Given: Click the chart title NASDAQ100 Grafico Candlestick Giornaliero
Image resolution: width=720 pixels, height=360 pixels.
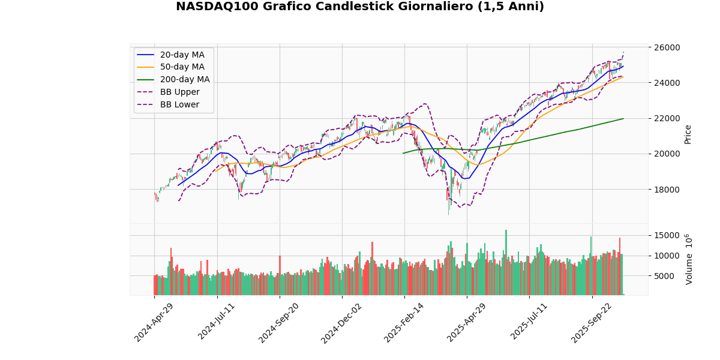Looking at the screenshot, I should [359, 7].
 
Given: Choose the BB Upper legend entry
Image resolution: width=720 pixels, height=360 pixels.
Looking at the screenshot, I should [181, 92].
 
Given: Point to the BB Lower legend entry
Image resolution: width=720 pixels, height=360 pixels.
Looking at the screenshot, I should [181, 104].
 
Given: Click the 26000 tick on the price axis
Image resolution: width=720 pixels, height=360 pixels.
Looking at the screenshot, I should [667, 47].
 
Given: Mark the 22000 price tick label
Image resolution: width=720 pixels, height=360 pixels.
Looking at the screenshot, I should [667, 118].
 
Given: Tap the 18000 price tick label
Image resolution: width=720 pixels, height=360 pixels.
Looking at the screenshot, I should [667, 190].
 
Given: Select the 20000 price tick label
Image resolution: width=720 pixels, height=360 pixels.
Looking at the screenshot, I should [667, 154].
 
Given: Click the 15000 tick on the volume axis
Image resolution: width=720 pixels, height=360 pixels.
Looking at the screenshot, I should [667, 235].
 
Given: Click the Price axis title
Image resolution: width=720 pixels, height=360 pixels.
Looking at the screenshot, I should [688, 134].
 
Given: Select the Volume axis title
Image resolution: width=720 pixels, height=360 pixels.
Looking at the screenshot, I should [689, 259].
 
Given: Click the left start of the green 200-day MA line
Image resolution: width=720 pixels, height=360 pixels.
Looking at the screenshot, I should [403, 153].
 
